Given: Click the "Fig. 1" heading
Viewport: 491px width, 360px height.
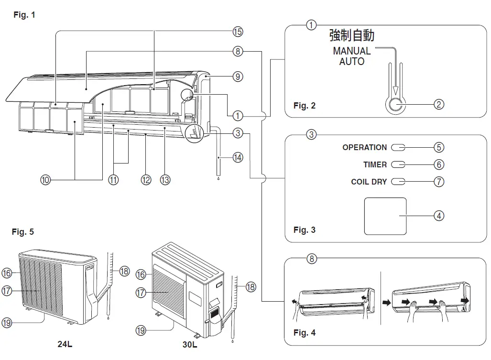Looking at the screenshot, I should pyautogui.click(x=24, y=15).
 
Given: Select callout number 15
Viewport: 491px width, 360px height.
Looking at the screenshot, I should pyautogui.click(x=238, y=32).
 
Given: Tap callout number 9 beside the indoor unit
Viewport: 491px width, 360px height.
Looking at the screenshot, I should pyautogui.click(x=238, y=76).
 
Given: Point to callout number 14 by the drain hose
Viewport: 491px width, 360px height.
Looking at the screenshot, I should pyautogui.click(x=238, y=156).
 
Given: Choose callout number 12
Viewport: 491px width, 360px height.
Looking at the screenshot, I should pyautogui.click(x=146, y=180).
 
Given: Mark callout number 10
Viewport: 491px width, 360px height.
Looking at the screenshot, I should pyautogui.click(x=45, y=180).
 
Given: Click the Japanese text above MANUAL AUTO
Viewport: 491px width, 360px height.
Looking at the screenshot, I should pyautogui.click(x=352, y=35).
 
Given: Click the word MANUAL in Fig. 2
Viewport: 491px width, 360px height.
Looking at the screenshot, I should pyautogui.click(x=352, y=51).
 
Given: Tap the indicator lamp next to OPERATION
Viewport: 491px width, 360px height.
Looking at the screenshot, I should pyautogui.click(x=398, y=148).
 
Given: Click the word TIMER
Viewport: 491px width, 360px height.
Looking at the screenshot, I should pyautogui.click(x=375, y=164).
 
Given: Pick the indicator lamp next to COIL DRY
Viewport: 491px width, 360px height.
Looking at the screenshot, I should pyautogui.click(x=398, y=182).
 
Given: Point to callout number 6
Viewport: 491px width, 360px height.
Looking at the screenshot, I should pyautogui.click(x=439, y=164).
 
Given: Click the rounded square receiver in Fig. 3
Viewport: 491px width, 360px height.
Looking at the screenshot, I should pyautogui.click(x=385, y=216).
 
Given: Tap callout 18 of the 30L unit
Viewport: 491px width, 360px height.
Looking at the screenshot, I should pyautogui.click(x=250, y=287).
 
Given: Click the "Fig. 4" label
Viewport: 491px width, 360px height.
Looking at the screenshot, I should pyautogui.click(x=305, y=333).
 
